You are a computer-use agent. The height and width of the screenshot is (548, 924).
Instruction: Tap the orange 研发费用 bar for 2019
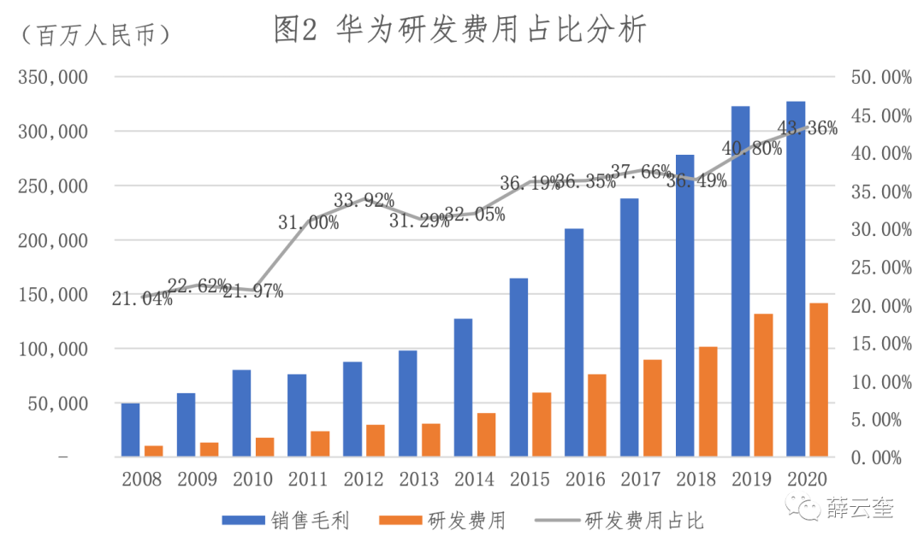point(763,385)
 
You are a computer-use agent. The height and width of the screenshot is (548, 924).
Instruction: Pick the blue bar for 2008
point(130,429)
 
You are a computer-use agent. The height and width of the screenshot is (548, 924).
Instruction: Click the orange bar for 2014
point(486,434)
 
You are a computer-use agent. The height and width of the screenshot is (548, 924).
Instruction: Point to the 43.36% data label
point(807,129)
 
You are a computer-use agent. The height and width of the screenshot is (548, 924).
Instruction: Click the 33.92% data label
point(364,201)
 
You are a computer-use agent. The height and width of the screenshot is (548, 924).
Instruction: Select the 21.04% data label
point(142,298)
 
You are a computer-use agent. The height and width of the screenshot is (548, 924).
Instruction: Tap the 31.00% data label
point(308,223)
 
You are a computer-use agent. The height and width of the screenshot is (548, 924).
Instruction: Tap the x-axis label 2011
point(308,479)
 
